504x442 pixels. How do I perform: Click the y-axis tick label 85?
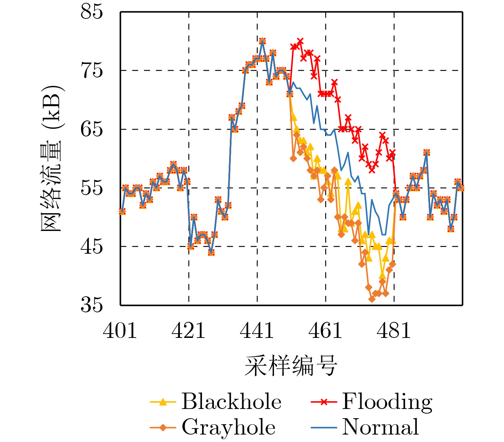92,12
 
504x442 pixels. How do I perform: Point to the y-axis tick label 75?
92,70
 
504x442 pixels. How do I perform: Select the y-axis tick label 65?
92,129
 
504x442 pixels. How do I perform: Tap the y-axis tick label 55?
92,188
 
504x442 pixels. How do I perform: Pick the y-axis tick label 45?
92,246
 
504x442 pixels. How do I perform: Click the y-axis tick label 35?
92,305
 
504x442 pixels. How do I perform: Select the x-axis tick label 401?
120,331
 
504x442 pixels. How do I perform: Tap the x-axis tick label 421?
189,331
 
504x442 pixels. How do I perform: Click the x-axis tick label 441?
257,331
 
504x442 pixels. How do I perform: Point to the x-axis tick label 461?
325,331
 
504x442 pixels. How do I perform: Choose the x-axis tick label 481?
394,331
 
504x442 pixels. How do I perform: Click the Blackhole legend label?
232,402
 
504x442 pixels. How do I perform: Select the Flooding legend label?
387,402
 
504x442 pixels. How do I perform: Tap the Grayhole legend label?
229,427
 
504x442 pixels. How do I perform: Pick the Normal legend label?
381,427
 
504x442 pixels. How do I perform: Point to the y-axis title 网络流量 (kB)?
52,158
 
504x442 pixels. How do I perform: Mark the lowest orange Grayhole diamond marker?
372,299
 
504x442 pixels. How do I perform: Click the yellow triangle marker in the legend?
163,402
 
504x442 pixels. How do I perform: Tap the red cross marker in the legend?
323,402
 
